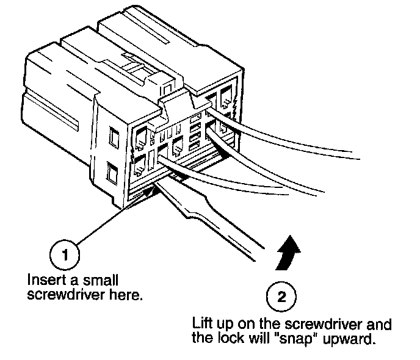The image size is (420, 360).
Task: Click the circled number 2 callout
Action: click(x=281, y=297)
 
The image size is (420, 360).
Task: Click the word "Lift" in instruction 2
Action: click(x=203, y=324)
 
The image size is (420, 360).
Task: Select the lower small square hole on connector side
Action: click(x=111, y=175)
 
